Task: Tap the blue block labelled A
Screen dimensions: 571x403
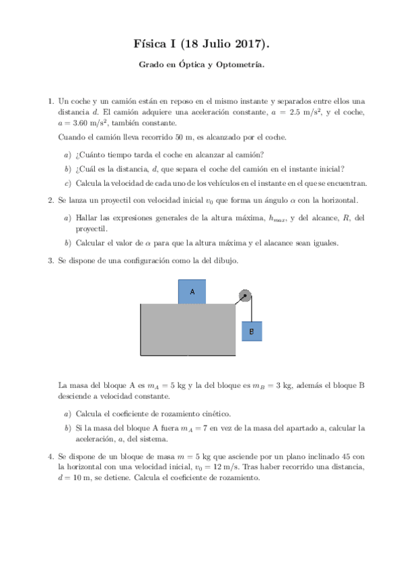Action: (192, 292)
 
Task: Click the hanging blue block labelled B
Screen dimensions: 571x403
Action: (251, 331)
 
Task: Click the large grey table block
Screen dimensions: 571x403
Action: (187, 329)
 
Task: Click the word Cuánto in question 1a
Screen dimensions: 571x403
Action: (94, 154)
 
